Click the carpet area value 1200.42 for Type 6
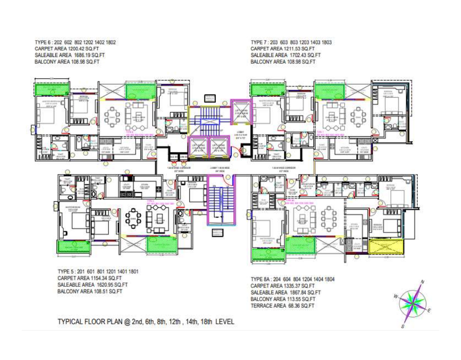click(x=73, y=49)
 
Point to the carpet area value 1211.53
click(x=290, y=49)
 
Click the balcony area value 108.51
click(x=98, y=291)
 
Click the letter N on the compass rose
click(x=422, y=282)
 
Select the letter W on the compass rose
click(x=396, y=296)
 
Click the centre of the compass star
click(x=413, y=303)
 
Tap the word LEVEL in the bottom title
click(x=225, y=322)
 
